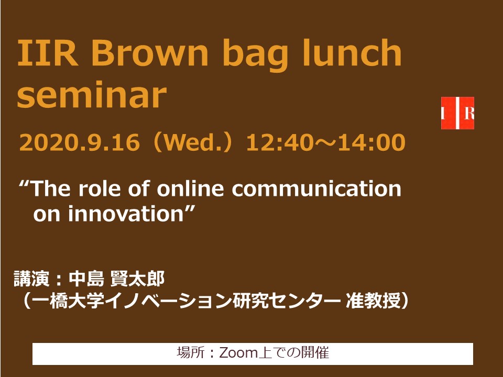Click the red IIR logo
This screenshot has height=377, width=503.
(x=457, y=113)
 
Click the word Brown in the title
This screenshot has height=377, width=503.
(x=150, y=52)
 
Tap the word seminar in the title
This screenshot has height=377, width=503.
(x=92, y=95)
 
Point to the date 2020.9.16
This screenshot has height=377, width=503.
(x=80, y=142)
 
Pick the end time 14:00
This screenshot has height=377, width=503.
(x=372, y=142)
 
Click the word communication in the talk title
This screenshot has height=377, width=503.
(x=316, y=188)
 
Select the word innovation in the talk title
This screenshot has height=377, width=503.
(x=125, y=214)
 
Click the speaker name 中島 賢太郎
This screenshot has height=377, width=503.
(x=117, y=279)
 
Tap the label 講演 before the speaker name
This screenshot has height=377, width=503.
(x=31, y=279)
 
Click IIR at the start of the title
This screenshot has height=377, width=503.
(x=48, y=53)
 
